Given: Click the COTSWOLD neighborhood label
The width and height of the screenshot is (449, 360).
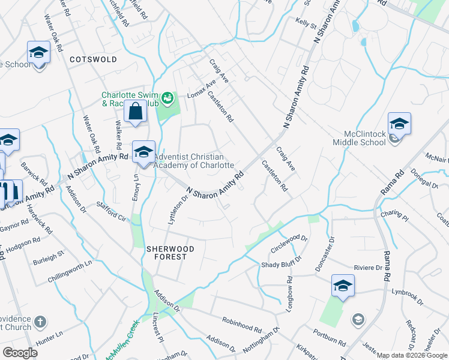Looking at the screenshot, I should tap(93, 60).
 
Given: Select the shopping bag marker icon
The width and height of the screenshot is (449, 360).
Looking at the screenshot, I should tap(136, 111).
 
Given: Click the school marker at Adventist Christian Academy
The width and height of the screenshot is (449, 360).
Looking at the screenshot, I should tap(143, 152).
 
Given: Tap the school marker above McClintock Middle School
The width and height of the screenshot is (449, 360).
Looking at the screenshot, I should tap(399, 124).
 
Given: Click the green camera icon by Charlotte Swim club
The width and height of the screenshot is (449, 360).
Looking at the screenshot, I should tap(168, 97).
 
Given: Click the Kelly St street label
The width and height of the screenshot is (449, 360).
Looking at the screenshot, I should tap(306, 23).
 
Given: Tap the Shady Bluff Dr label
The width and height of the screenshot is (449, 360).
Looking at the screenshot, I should tap(281, 264).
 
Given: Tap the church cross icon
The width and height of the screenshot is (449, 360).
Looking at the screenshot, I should tap(40, 322).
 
